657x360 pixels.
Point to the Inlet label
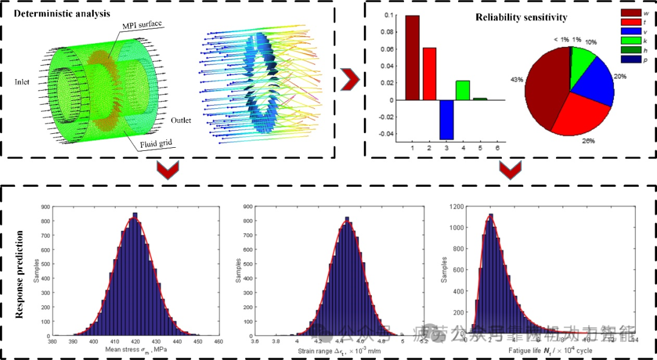click(24, 80)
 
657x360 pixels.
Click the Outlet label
click(180, 120)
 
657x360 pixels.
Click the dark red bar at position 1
click(412, 58)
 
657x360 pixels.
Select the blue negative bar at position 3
click(447, 119)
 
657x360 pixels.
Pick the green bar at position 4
click(463, 90)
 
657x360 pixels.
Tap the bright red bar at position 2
click(429, 74)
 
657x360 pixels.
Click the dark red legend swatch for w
click(628, 13)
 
